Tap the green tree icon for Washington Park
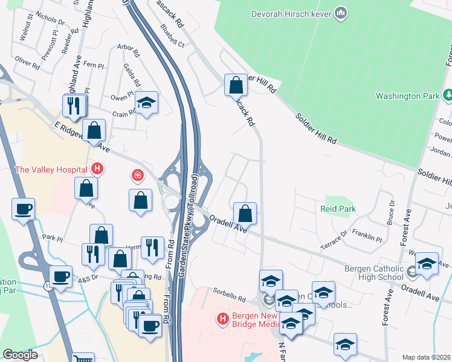(x=448, y=95)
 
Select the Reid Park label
(x=338, y=209)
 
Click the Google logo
(x=20, y=355)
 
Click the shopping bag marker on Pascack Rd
(x=235, y=86)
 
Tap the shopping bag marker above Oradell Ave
(x=245, y=214)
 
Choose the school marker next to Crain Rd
(x=146, y=103)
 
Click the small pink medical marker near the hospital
(x=138, y=176)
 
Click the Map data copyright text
(x=426, y=357)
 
